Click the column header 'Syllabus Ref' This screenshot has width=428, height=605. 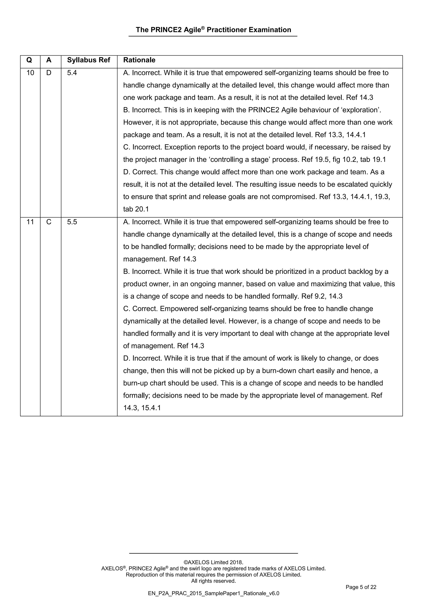point(89,60)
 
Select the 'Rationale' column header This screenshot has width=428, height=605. point(139,60)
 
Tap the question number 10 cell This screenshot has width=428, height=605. point(30,73)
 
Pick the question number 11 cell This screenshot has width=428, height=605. point(30,222)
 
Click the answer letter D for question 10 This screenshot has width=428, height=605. point(49,73)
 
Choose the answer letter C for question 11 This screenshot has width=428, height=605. point(49,222)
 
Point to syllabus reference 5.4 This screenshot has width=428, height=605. point(72,73)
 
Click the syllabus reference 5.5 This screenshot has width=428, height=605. point(72,222)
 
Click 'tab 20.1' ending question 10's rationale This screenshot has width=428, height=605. point(136,209)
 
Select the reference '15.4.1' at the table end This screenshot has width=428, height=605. point(151,408)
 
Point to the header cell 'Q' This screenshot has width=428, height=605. point(29,60)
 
